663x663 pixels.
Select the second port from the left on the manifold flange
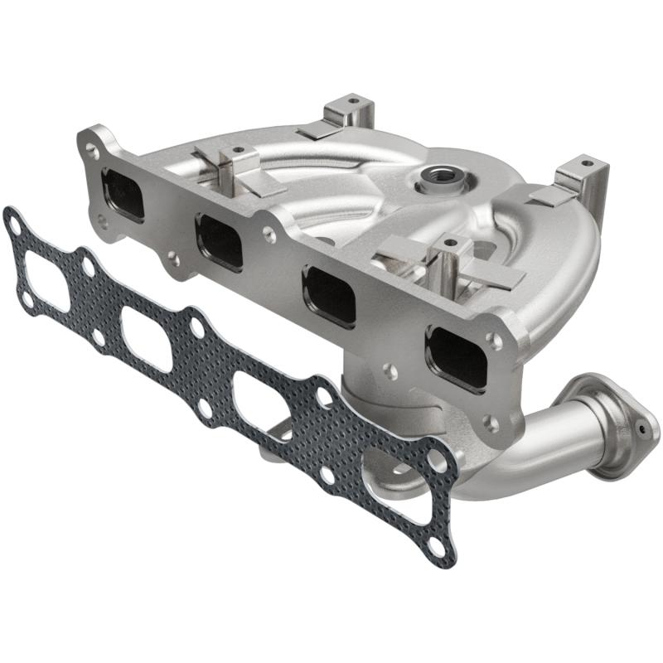220,241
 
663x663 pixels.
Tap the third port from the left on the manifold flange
329,295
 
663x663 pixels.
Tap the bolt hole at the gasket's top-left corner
13,221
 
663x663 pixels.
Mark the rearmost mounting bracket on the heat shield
348,114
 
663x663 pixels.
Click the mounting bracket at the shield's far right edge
580,178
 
